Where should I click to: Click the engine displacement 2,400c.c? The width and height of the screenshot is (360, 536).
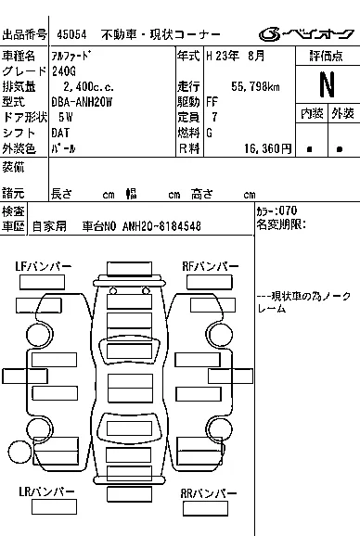83,86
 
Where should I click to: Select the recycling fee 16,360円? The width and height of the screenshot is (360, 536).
267,147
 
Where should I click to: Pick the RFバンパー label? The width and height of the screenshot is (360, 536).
210,267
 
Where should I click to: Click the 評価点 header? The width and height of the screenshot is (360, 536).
327,56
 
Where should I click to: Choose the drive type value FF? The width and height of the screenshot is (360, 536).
212,101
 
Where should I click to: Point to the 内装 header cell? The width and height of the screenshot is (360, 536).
311,114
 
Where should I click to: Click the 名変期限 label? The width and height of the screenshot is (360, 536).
279,224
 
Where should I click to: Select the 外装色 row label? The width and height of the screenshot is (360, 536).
19,147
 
